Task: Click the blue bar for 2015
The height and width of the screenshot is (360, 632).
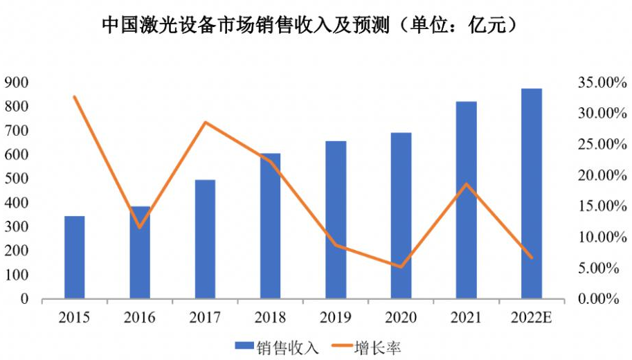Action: coord(75,258)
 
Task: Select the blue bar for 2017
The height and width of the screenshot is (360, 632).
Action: coord(205,240)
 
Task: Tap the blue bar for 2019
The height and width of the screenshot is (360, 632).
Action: coord(336,220)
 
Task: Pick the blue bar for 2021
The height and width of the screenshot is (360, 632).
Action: coord(466,201)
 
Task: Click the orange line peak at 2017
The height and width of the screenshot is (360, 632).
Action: coord(205,123)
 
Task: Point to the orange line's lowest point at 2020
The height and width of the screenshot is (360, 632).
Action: coord(401,267)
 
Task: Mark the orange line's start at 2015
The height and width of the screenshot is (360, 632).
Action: coord(75,97)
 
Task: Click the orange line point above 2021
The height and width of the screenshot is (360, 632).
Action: coord(466,184)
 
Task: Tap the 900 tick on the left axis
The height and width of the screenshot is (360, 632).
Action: coord(18,83)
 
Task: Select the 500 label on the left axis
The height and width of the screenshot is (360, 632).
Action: coord(18,179)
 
